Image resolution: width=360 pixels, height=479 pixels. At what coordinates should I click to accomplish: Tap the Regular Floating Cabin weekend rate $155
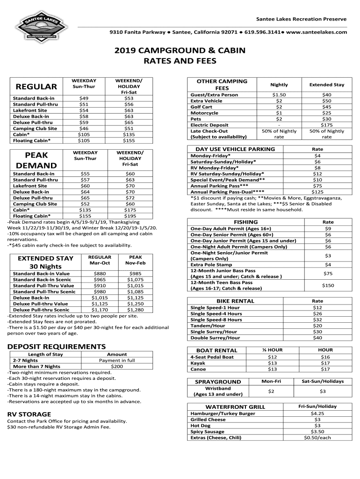click(x=129, y=140)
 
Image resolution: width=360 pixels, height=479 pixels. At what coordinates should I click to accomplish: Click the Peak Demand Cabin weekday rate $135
click(x=85, y=210)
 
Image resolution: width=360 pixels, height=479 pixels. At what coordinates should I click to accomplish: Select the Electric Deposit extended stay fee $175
click(x=326, y=125)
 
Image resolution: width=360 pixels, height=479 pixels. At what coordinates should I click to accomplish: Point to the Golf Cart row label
click(x=201, y=107)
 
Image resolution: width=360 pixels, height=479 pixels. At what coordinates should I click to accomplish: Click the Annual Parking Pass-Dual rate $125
click(x=317, y=192)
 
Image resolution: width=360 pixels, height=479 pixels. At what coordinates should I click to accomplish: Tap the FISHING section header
click(x=239, y=222)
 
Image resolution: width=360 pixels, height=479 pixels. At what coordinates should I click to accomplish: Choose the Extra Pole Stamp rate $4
click(x=328, y=265)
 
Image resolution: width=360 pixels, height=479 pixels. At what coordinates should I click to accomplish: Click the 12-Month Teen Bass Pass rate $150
click(x=328, y=285)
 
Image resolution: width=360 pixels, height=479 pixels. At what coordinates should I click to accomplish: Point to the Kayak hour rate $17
click(x=325, y=363)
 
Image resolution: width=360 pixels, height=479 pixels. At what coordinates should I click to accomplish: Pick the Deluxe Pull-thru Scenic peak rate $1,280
click(x=135, y=310)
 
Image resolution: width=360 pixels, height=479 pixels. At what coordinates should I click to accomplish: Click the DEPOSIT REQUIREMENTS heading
click(x=56, y=347)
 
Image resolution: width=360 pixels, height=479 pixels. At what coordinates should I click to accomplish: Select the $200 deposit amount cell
click(x=117, y=367)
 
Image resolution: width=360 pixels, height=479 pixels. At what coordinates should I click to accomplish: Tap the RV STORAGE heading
click(x=29, y=414)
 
